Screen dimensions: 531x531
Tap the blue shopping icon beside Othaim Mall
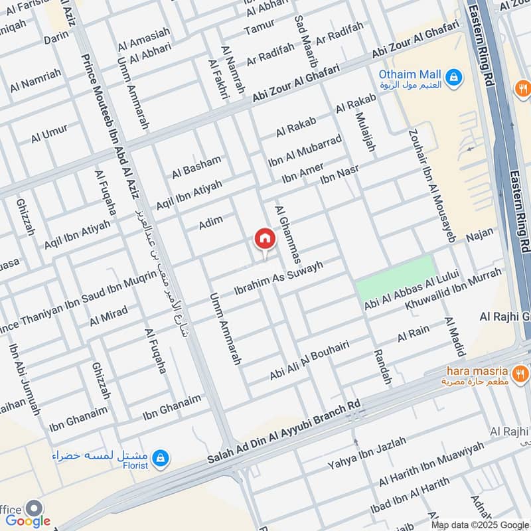point(453,78)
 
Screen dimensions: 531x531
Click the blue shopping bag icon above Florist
point(160,457)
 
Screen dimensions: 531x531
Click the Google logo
point(27,521)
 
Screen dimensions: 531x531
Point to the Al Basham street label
point(196,167)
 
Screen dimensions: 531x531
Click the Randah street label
point(383,367)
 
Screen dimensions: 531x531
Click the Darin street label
point(56,39)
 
